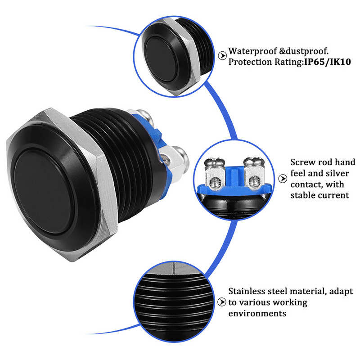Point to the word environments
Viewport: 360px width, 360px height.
(x=257, y=313)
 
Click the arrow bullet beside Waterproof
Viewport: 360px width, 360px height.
(x=222, y=56)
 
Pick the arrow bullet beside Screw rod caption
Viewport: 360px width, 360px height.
(x=283, y=179)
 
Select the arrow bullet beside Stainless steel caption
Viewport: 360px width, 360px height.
(x=222, y=302)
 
